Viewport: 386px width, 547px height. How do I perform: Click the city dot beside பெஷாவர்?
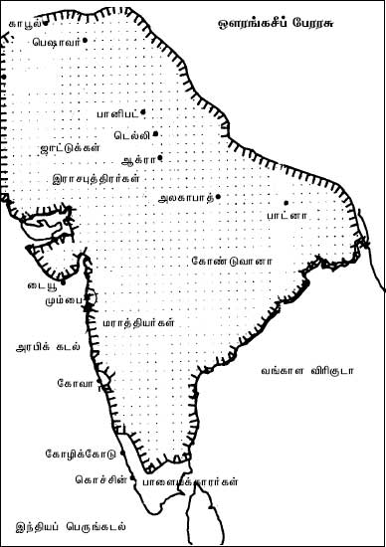click(x=86, y=40)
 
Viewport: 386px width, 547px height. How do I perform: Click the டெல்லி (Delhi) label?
click(x=131, y=133)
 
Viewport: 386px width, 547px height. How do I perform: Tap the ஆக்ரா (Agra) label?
click(x=135, y=159)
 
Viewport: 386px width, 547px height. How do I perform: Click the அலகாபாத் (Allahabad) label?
click(x=186, y=198)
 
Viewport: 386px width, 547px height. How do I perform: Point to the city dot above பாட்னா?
click(x=286, y=203)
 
